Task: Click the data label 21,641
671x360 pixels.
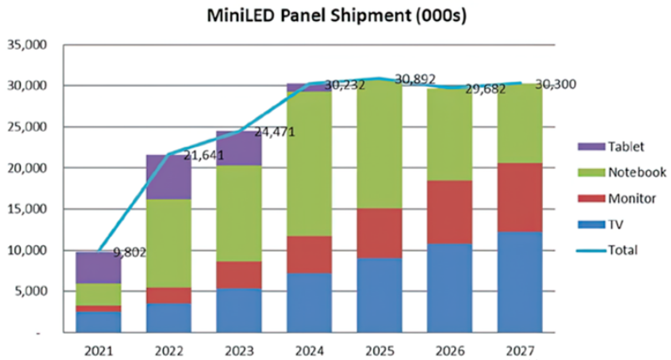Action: (202, 156)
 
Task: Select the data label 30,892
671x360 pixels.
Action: (416, 80)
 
